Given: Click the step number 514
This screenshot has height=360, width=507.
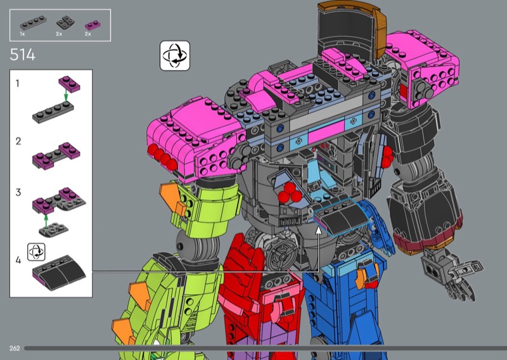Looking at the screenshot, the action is pyautogui.click(x=22, y=55).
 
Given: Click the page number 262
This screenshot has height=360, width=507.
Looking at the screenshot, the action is pyautogui.click(x=15, y=349).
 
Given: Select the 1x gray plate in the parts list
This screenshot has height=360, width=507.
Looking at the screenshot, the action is pyautogui.click(x=33, y=23).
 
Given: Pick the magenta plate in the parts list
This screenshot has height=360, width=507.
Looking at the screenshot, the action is pyautogui.click(x=93, y=25).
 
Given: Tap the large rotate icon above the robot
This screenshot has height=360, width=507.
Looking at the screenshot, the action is pyautogui.click(x=175, y=56).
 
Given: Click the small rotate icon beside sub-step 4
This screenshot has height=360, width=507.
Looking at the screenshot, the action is pyautogui.click(x=36, y=252).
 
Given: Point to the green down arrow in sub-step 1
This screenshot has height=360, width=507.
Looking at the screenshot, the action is pyautogui.click(x=66, y=96).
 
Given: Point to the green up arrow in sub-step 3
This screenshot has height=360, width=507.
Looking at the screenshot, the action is pyautogui.click(x=46, y=221).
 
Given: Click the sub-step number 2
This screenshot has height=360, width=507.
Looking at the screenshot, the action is pyautogui.click(x=18, y=141).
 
